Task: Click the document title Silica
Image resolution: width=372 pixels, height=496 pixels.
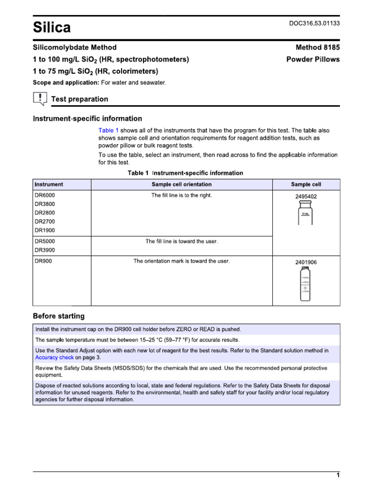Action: (51, 28)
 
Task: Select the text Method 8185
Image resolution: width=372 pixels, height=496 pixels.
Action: (318, 47)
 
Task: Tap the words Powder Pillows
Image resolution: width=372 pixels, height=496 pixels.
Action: (313, 60)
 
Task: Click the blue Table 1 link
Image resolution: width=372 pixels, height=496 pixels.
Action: (108, 131)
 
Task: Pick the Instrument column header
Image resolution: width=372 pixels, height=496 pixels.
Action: (49, 185)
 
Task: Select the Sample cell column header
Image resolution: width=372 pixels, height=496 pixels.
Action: (306, 185)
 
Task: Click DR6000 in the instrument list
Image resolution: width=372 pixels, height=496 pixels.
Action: (45, 195)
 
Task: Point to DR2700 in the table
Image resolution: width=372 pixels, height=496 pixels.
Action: (45, 221)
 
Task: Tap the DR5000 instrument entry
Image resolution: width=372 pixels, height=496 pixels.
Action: (45, 241)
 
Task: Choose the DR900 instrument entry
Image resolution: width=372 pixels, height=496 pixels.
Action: (43, 261)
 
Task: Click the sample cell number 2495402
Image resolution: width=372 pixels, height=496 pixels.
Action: (306, 197)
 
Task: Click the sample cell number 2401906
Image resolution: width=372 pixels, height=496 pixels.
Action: (306, 262)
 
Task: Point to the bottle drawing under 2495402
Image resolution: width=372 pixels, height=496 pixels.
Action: (306, 214)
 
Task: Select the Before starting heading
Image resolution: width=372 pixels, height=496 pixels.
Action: (59, 316)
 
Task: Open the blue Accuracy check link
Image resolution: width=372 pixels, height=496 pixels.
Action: (55, 357)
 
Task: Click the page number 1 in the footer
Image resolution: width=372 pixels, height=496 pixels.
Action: (338, 475)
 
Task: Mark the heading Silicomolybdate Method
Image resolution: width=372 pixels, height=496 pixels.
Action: (75, 47)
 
